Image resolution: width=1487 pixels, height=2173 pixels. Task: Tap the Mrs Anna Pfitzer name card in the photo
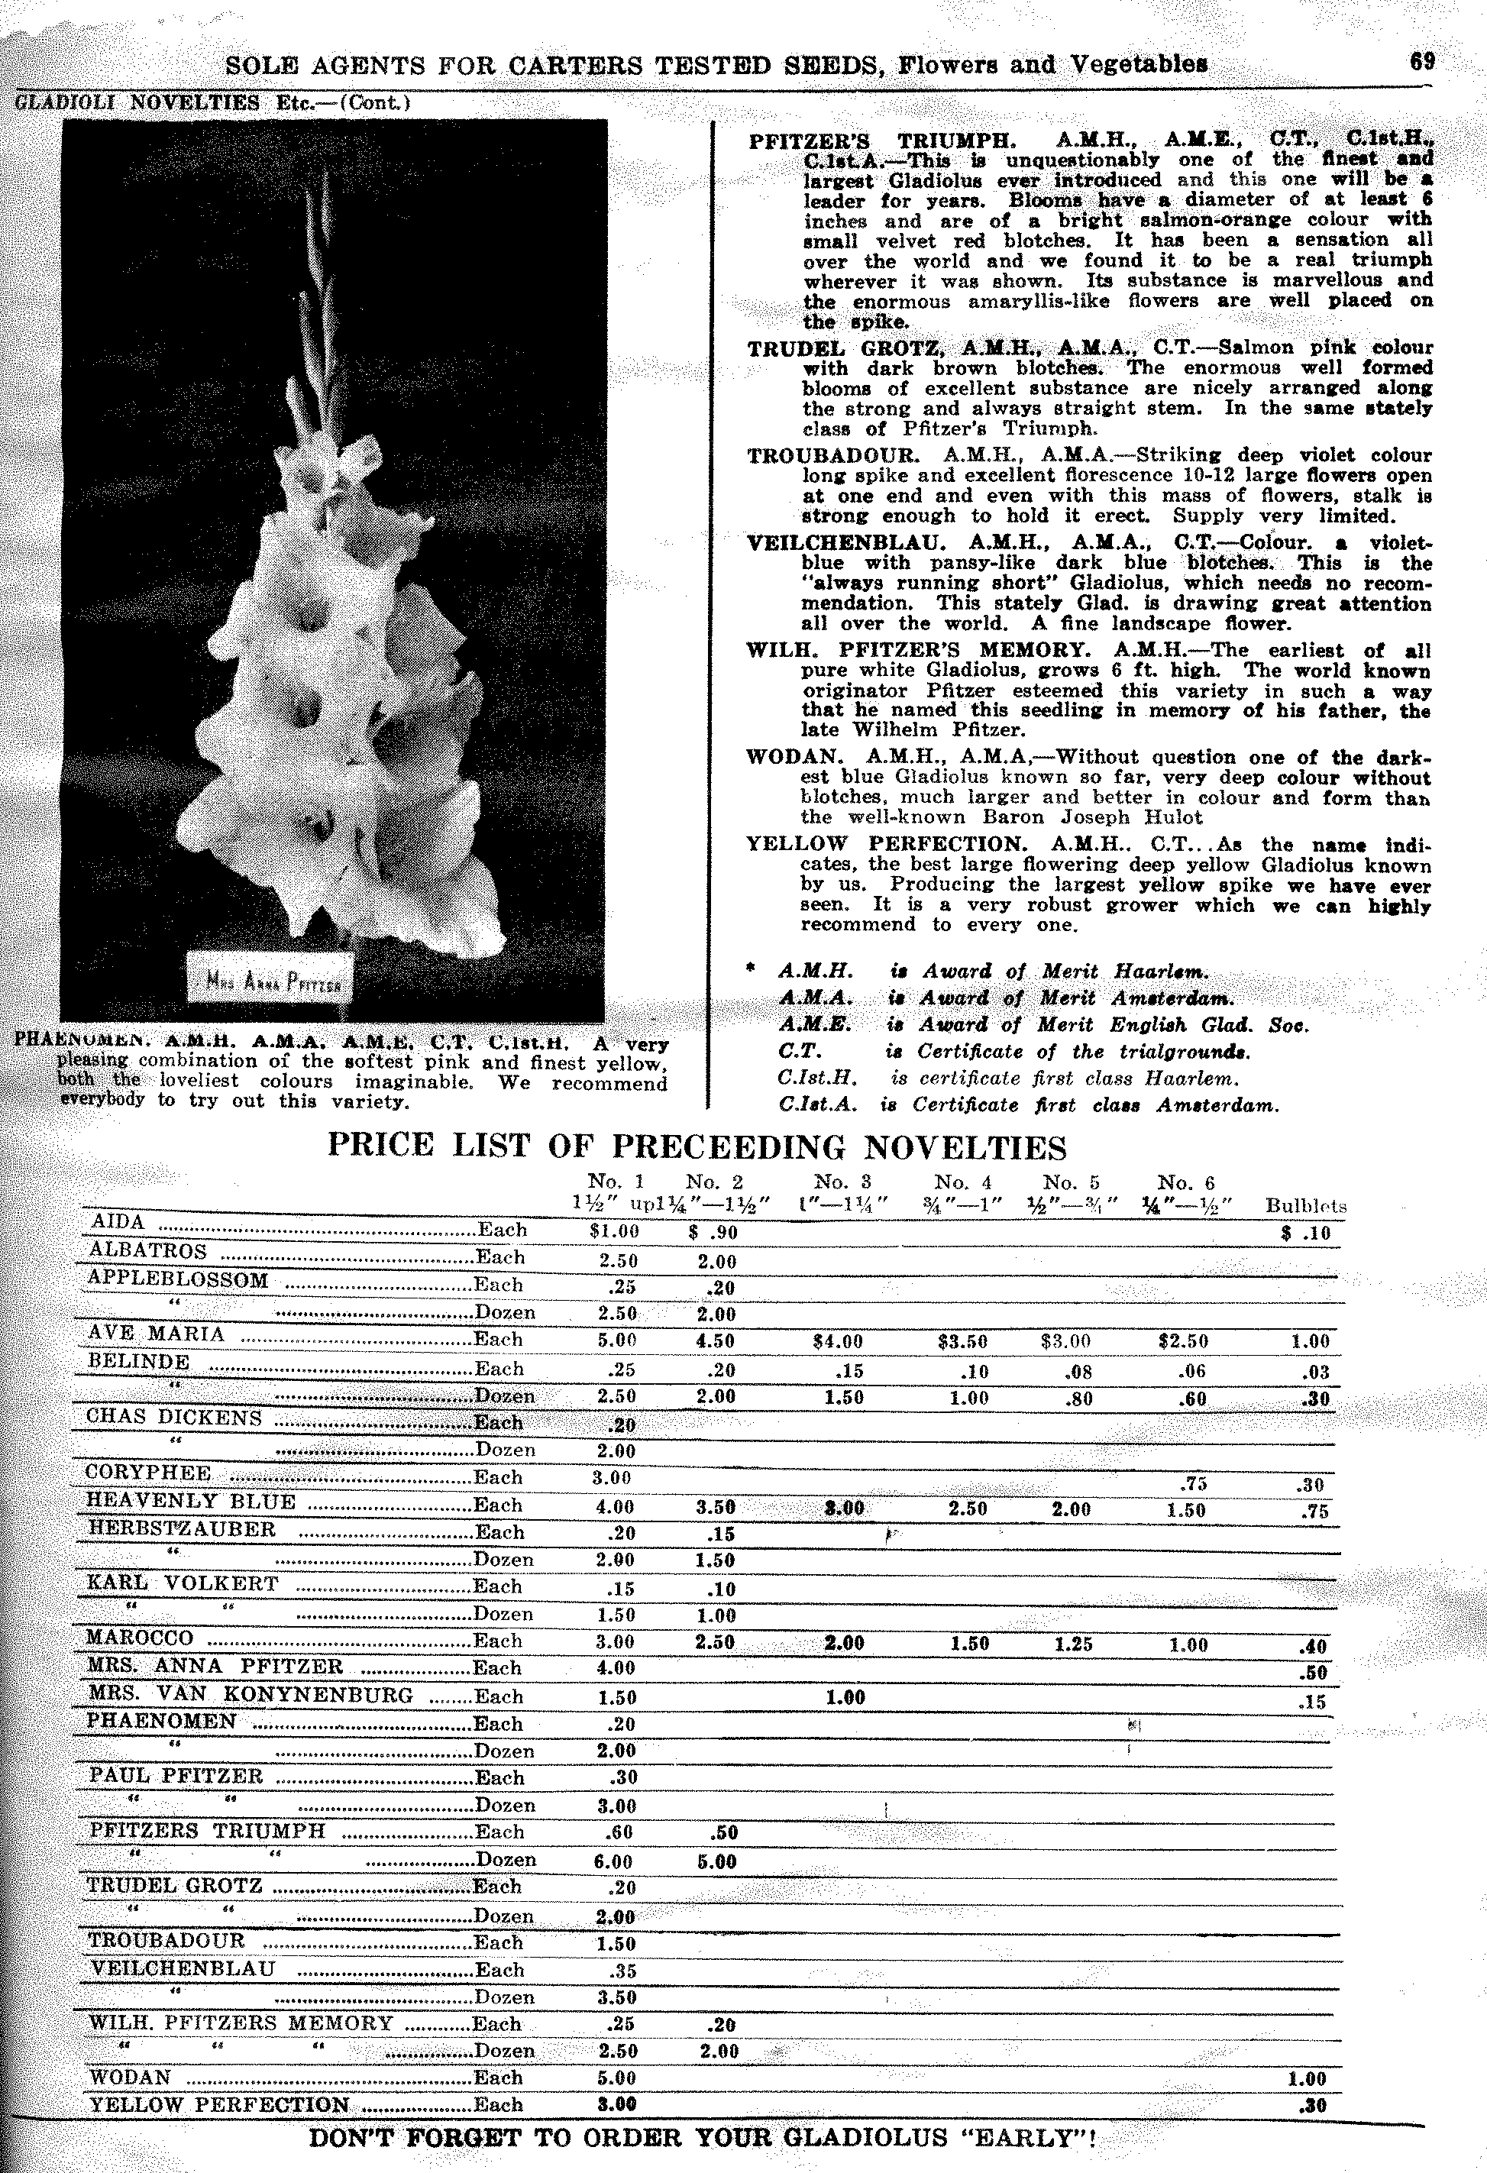pyautogui.click(x=270, y=980)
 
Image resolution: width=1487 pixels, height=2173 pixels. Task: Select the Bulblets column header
pyautogui.click(x=1305, y=1206)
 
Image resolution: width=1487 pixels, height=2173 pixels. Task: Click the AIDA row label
pyautogui.click(x=117, y=1222)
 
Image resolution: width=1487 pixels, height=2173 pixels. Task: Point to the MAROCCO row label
pyautogui.click(x=139, y=1638)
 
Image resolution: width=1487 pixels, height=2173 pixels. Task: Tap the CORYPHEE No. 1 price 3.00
pyautogui.click(x=612, y=1478)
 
